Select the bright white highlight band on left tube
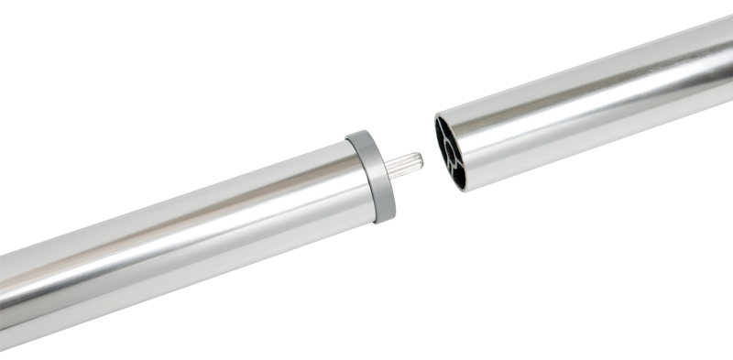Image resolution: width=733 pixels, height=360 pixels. pyautogui.click(x=183, y=220)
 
